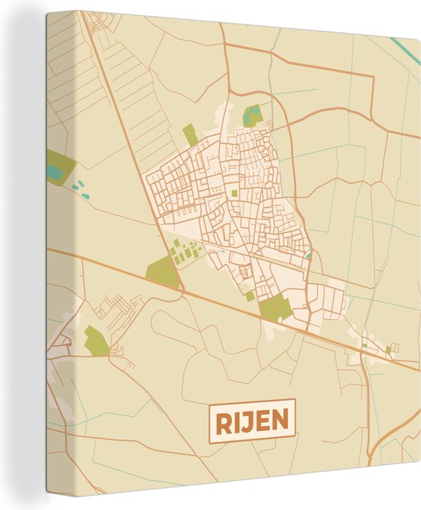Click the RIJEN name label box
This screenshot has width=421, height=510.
pyautogui.click(x=252, y=420)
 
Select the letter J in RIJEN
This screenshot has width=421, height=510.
pyautogui.click(x=246, y=420)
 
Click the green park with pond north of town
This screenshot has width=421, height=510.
pyautogui.click(x=251, y=116)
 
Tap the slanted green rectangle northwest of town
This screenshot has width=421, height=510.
pyautogui.click(x=191, y=136)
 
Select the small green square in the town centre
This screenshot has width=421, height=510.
pyautogui.click(x=233, y=194)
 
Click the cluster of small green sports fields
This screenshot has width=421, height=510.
pyautogui.click(x=184, y=251)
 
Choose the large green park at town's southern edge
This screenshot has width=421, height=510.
pyautogui.click(x=275, y=308)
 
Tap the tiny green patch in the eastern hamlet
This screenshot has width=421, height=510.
pyautogui.click(x=388, y=350)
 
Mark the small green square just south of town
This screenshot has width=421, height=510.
pyautogui.click(x=250, y=296)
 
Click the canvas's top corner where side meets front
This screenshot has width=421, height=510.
pyautogui.click(x=79, y=11)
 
